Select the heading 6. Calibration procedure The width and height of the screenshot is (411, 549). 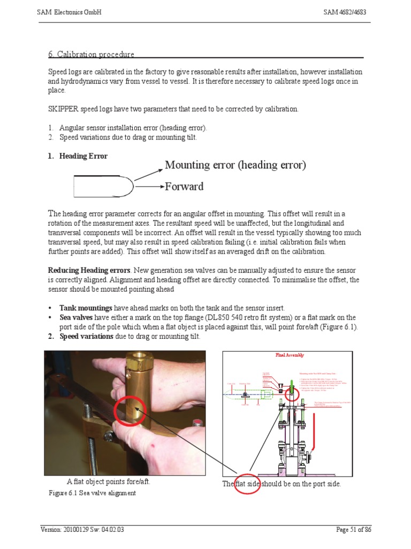[91, 54]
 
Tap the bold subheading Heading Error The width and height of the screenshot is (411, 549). [83, 156]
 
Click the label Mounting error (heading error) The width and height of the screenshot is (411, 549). [235, 165]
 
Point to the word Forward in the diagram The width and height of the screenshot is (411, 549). [184, 187]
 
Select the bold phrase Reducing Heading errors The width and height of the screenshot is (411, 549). [89, 270]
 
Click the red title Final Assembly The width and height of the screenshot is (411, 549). [289, 355]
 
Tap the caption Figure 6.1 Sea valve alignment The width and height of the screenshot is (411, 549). [93, 493]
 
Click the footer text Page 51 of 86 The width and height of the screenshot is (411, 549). [353, 530]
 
